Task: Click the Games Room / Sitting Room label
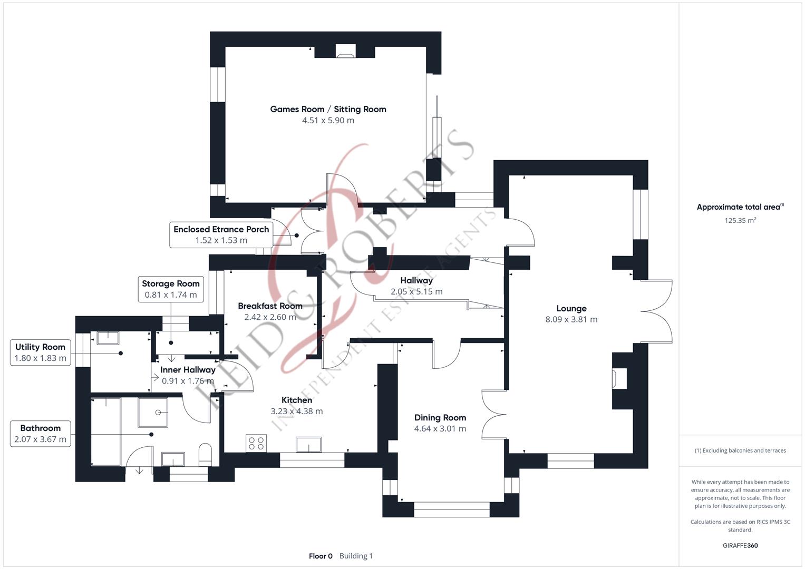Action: click(x=328, y=109)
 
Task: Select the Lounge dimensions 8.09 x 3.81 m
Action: click(x=571, y=319)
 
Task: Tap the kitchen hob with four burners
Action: click(x=256, y=443)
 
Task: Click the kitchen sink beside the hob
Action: click(x=309, y=444)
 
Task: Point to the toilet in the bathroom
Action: click(x=205, y=454)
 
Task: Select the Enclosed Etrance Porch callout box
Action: click(x=221, y=234)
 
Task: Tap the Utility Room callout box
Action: click(x=41, y=352)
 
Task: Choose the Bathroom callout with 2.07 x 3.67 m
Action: click(x=41, y=434)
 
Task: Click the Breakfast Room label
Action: click(x=270, y=306)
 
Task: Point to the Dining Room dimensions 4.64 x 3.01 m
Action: click(x=440, y=428)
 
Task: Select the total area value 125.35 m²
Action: click(x=740, y=221)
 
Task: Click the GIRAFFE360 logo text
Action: click(x=740, y=546)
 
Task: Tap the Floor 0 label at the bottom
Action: click(x=321, y=556)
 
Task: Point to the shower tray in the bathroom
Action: click(x=152, y=412)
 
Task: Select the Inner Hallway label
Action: click(x=188, y=370)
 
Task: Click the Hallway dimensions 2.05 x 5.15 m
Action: click(x=416, y=291)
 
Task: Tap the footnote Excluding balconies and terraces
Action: click(x=740, y=450)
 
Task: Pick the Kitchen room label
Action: click(x=297, y=400)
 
